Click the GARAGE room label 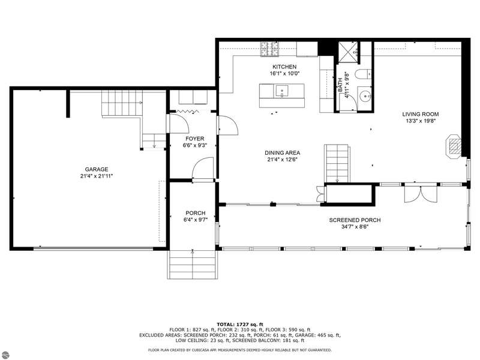(x=97, y=169)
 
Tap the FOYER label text (x=194, y=139)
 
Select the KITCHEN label (x=284, y=67)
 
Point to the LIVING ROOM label (x=421, y=114)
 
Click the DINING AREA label (x=282, y=153)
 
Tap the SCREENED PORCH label (x=355, y=220)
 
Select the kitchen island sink (x=281, y=91)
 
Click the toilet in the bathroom (x=363, y=74)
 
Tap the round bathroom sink (x=365, y=97)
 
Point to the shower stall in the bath (x=348, y=53)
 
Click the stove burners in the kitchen (x=269, y=49)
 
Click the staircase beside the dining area (x=337, y=164)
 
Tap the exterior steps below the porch (x=193, y=265)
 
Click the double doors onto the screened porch (x=421, y=193)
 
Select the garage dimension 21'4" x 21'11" (x=97, y=176)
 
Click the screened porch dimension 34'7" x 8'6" (x=355, y=227)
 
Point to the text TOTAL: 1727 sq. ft (x=240, y=324)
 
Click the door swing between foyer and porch (x=202, y=168)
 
